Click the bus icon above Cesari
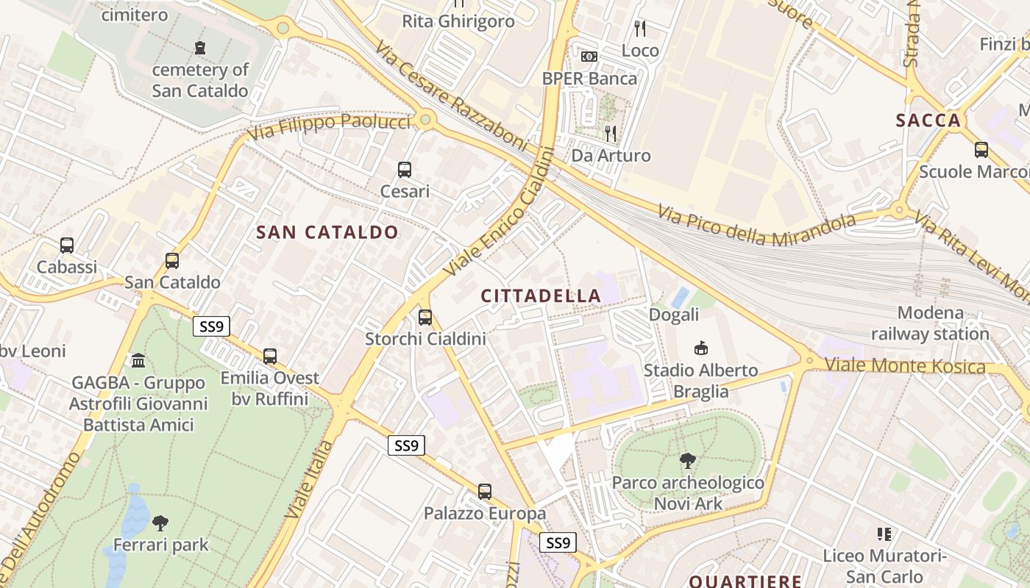[405, 170]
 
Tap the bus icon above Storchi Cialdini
[425, 318]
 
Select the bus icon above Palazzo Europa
[484, 492]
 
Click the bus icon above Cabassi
[67, 245]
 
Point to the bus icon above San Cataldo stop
[172, 261]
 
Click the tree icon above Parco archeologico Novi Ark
[688, 462]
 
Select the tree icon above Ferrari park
[160, 523]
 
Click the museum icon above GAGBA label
[138, 361]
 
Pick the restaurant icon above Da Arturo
[611, 133]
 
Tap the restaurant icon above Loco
[640, 29]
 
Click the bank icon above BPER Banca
[589, 57]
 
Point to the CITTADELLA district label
[541, 295]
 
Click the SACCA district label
[928, 121]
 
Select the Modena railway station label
[930, 323]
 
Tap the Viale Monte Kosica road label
[904, 365]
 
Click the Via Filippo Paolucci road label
[328, 127]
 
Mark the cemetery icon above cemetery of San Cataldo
[200, 49]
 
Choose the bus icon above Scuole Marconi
[981, 150]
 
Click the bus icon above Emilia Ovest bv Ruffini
[270, 356]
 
